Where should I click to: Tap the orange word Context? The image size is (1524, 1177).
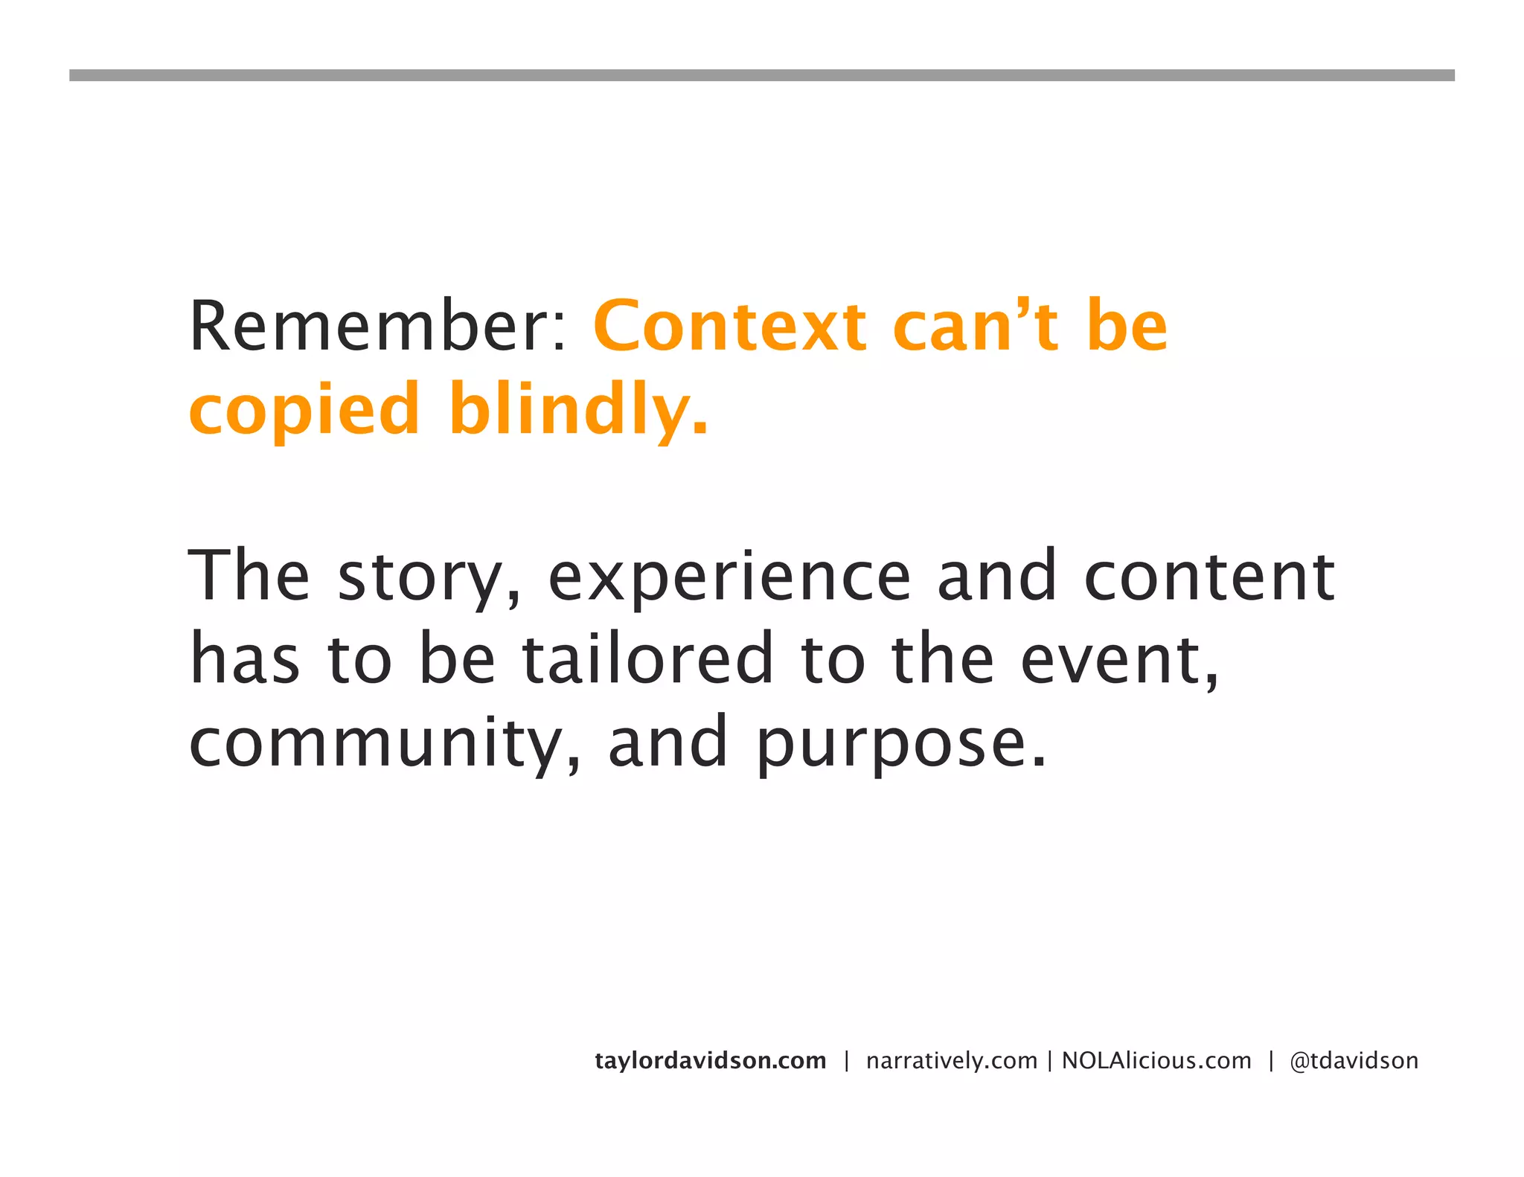729,327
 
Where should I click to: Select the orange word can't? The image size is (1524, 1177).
975,327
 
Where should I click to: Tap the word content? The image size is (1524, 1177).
1209,577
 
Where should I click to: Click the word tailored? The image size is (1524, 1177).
647,659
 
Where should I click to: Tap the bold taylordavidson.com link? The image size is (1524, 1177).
711,1060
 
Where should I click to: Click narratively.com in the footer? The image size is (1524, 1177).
952,1060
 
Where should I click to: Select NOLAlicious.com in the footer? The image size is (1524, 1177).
1156,1060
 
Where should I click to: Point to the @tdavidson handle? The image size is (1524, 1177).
1354,1060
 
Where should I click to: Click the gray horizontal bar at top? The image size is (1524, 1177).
761,75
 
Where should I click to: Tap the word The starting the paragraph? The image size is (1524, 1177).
249,577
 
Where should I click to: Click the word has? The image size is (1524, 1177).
245,659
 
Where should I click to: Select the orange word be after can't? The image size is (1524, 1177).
1127,327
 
